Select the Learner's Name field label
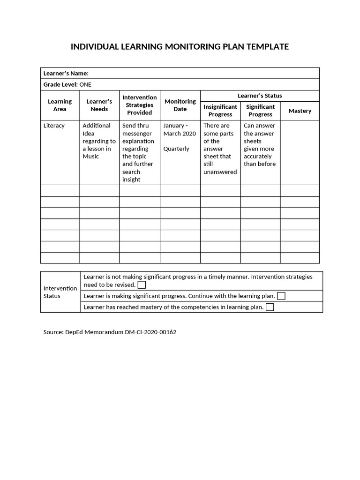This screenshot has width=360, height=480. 66,73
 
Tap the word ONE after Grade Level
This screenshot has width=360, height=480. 85,84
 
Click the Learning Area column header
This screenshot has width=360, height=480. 60,105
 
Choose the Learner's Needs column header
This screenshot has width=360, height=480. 99,105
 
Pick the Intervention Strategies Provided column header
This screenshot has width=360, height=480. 140,105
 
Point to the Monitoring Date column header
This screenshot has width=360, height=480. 180,105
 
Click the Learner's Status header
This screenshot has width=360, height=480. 260,96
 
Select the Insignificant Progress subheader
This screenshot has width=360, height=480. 220,111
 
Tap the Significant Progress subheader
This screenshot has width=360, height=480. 260,111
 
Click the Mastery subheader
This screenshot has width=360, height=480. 300,111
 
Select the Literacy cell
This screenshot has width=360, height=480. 54,126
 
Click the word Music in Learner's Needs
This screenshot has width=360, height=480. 90,157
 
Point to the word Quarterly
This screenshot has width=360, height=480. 176,149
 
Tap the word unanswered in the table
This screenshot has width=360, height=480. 220,172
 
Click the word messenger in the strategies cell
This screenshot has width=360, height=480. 137,134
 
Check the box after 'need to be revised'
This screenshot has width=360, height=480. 142,285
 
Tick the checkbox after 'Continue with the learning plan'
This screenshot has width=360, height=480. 281,296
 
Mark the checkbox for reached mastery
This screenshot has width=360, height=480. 270,307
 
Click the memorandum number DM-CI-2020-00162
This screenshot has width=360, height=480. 150,332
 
